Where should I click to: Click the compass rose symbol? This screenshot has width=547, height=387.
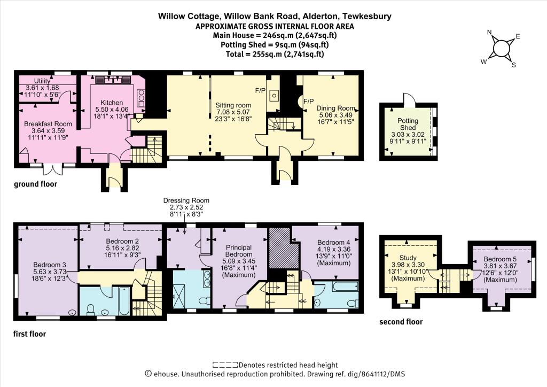pos(501,48)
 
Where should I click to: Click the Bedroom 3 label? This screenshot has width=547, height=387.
pos(49,265)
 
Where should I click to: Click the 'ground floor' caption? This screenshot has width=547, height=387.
pos(35,184)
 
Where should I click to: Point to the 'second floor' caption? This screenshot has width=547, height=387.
pos(401,322)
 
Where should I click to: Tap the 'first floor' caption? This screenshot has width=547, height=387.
pos(30,334)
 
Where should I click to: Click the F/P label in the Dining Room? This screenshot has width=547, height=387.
pos(308,100)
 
